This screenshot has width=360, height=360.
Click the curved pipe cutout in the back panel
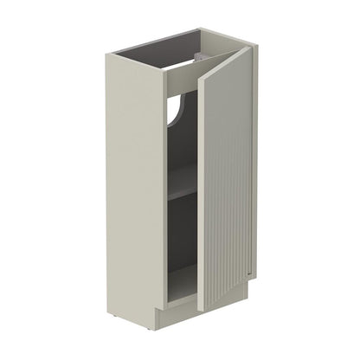pyautogui.click(x=177, y=112)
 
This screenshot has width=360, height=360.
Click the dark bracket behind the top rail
pyautogui.click(x=201, y=56)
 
